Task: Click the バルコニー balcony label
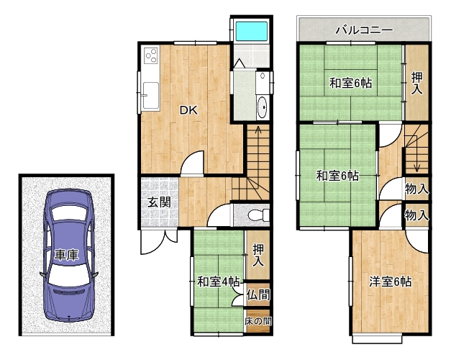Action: [x=365, y=30]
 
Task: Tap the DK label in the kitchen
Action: [x=188, y=110]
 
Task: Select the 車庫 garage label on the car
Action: [x=66, y=255]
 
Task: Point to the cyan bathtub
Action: [x=252, y=31]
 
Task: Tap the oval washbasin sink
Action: [x=262, y=107]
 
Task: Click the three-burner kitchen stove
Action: [x=151, y=55]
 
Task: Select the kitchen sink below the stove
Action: [x=151, y=96]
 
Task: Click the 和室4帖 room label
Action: [x=219, y=282]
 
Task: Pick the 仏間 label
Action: [x=258, y=295]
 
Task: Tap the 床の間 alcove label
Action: [x=258, y=321]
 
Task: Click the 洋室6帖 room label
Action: [x=391, y=282]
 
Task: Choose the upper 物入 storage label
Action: [x=416, y=189]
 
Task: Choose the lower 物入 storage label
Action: [x=416, y=215]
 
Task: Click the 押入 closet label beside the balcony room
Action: [x=416, y=83]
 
